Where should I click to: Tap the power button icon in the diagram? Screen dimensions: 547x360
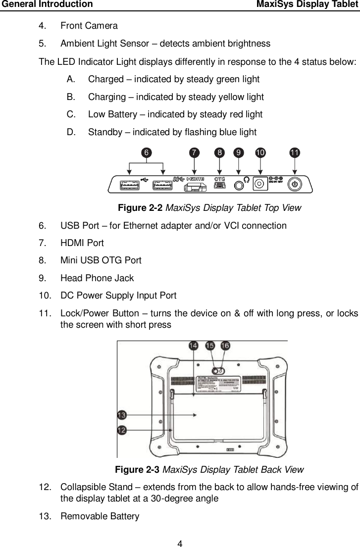point(295,185)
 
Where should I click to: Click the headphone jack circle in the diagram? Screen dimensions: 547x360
point(240,185)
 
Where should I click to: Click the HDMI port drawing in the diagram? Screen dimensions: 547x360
point(197,187)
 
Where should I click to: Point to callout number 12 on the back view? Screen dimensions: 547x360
point(122,430)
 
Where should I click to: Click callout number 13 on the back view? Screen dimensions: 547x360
point(122,414)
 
